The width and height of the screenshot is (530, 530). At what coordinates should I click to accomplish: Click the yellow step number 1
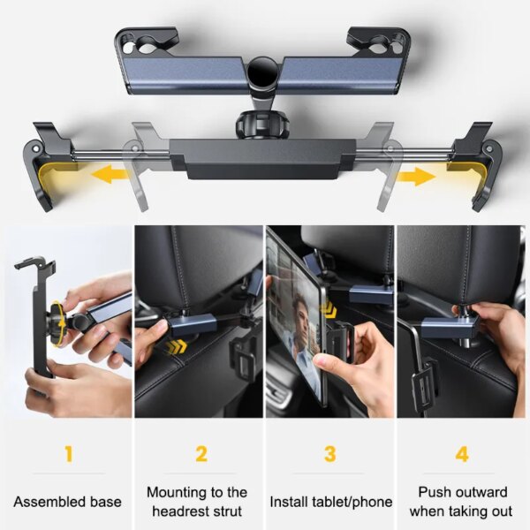tap(68, 456)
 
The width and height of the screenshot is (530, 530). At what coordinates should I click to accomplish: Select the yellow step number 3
tap(329, 456)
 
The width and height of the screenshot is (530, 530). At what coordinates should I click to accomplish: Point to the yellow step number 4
tap(462, 456)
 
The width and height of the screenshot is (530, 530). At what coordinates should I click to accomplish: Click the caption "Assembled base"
tap(68, 501)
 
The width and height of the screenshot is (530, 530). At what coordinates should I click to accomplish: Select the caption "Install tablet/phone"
tap(329, 501)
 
